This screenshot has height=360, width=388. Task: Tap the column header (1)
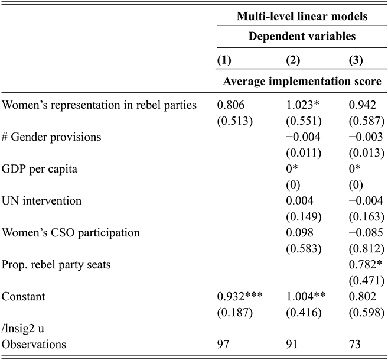point(225,60)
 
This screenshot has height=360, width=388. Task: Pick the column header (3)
point(354,60)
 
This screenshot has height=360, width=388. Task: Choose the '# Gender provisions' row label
point(52,137)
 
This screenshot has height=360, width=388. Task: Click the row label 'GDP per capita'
point(40,169)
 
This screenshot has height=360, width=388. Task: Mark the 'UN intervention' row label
point(42,201)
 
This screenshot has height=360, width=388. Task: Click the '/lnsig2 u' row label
point(24,328)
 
